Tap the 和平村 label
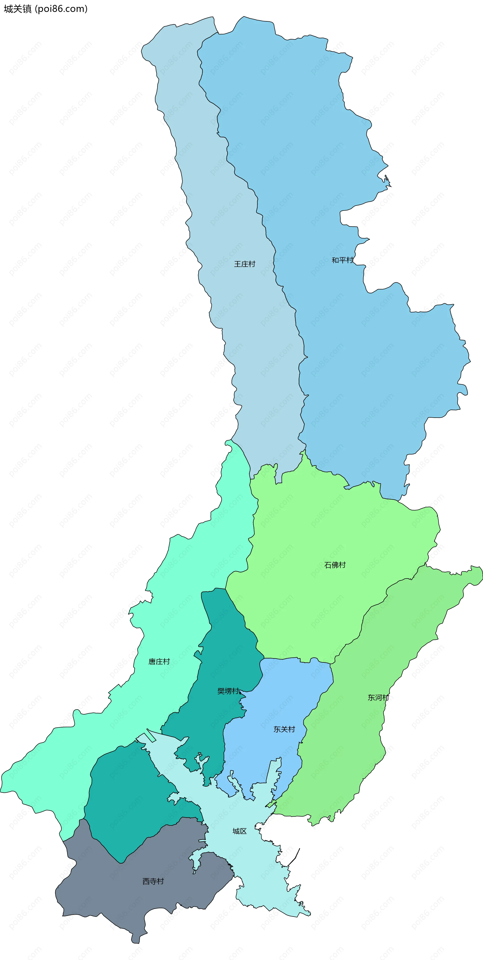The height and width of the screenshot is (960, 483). [342, 260]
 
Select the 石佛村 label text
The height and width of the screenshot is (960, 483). [335, 565]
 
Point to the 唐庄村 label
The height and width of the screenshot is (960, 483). [159, 662]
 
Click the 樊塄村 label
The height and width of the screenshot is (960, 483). [228, 691]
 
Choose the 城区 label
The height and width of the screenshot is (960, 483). [239, 831]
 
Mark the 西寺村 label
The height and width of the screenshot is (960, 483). [153, 881]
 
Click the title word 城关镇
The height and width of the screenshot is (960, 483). [18, 9]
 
